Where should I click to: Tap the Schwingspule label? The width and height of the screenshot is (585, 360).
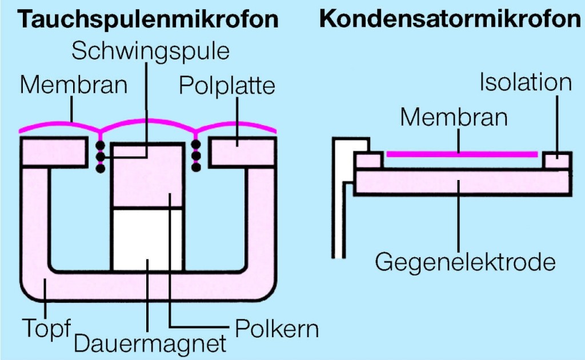(150, 51)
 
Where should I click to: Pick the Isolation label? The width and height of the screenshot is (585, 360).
(525, 82)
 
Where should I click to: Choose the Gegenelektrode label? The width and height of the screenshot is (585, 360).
(465, 262)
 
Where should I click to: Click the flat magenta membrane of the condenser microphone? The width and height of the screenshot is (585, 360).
(462, 153)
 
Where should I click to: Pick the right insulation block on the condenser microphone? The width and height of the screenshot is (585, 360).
(556, 161)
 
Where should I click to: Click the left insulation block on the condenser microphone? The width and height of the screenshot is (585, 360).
(368, 161)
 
